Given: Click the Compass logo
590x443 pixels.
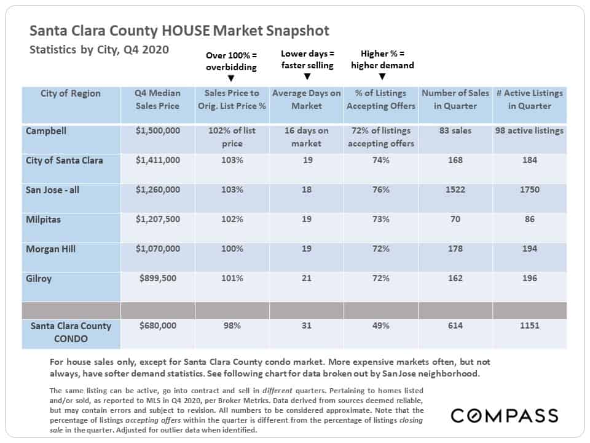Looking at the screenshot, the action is (505, 415).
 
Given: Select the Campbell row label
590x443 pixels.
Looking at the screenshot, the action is (46, 131).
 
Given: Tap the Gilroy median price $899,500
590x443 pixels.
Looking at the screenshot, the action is (158, 278).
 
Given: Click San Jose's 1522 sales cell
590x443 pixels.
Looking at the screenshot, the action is (455, 190).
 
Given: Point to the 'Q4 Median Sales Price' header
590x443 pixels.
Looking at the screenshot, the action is (158, 100).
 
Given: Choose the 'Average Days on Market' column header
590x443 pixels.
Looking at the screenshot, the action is (306, 100).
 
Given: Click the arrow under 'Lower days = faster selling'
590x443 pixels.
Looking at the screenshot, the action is (307, 76).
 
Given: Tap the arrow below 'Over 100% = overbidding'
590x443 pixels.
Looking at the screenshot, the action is (231, 78).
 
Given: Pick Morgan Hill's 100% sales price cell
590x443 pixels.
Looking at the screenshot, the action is (232, 249).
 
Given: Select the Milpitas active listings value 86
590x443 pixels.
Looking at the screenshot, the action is (529, 219).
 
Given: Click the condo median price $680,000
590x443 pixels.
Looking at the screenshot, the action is (158, 325).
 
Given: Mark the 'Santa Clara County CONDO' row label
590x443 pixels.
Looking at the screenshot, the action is (71, 332).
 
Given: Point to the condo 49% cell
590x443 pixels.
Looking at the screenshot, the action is (381, 325).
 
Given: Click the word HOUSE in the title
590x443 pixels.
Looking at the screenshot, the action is (186, 31).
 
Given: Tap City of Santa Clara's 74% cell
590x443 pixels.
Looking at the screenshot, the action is (381, 160).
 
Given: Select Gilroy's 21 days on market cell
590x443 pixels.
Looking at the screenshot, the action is (306, 278).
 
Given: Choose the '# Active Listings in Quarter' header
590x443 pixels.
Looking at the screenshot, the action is (529, 100).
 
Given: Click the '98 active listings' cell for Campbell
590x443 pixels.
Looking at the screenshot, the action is (529, 130).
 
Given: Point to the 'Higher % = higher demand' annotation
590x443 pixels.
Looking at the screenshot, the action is (382, 60).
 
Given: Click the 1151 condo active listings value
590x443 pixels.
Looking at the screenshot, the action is (529, 325).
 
